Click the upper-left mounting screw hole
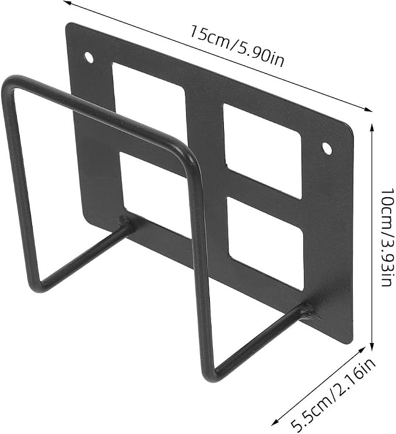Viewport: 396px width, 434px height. pyautogui.click(x=89, y=57)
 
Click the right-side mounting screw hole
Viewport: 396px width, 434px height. pyautogui.click(x=327, y=148)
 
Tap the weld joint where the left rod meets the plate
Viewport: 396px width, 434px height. pyautogui.click(x=126, y=223)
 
